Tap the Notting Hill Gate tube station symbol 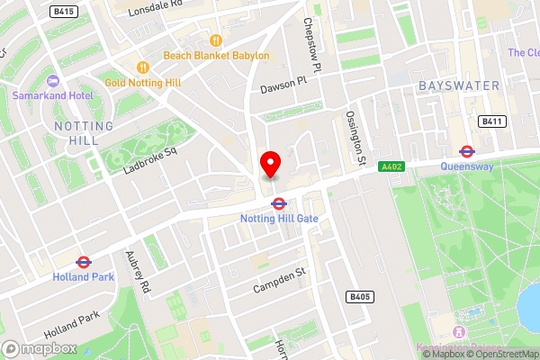[x=279, y=204]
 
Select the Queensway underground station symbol [x=466, y=151]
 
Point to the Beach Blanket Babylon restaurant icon [x=215, y=40]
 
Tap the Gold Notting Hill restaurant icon [x=142, y=67]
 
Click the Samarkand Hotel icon [x=51, y=79]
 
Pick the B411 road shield [x=491, y=121]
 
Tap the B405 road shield [x=360, y=296]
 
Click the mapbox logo [x=39, y=347]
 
